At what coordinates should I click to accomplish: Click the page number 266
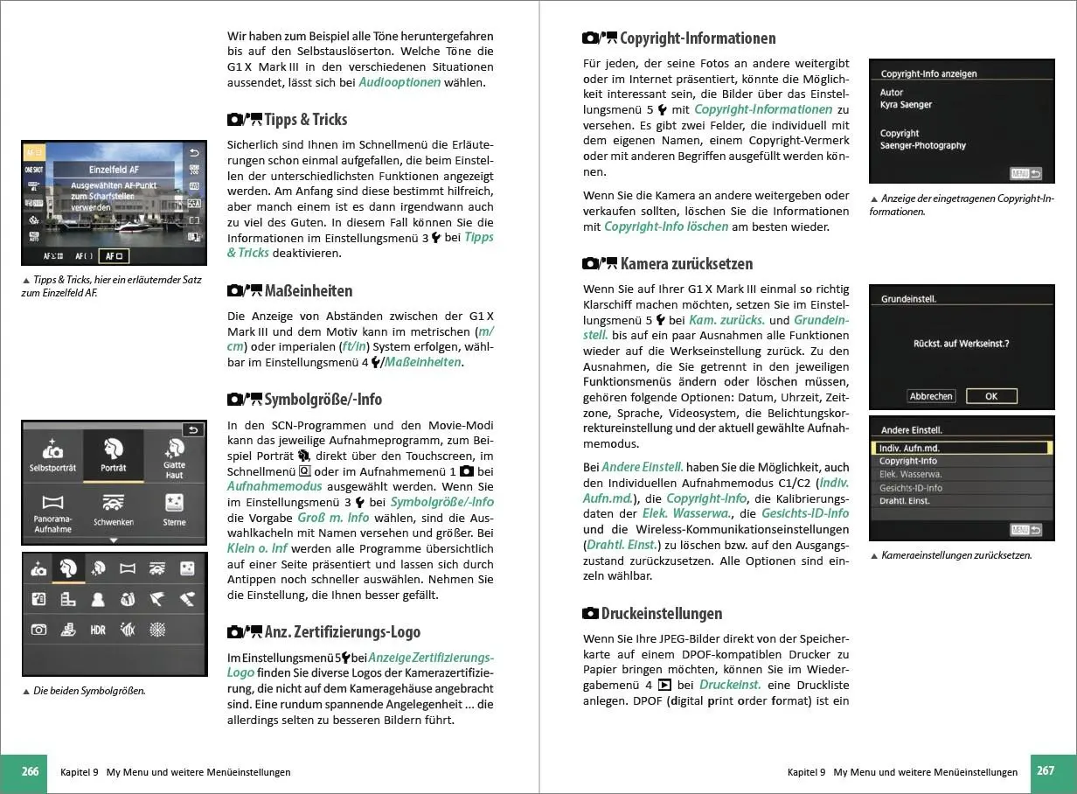31,772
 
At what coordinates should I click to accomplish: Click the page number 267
1046,772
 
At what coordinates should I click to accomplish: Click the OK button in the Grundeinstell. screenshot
990,396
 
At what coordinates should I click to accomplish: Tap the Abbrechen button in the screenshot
931,396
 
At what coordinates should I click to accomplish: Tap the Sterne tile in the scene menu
174,510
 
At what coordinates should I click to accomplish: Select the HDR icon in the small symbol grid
98,630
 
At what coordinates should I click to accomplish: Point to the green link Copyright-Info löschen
665,226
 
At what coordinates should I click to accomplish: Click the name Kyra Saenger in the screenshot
906,105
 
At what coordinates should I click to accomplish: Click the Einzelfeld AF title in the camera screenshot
114,170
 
